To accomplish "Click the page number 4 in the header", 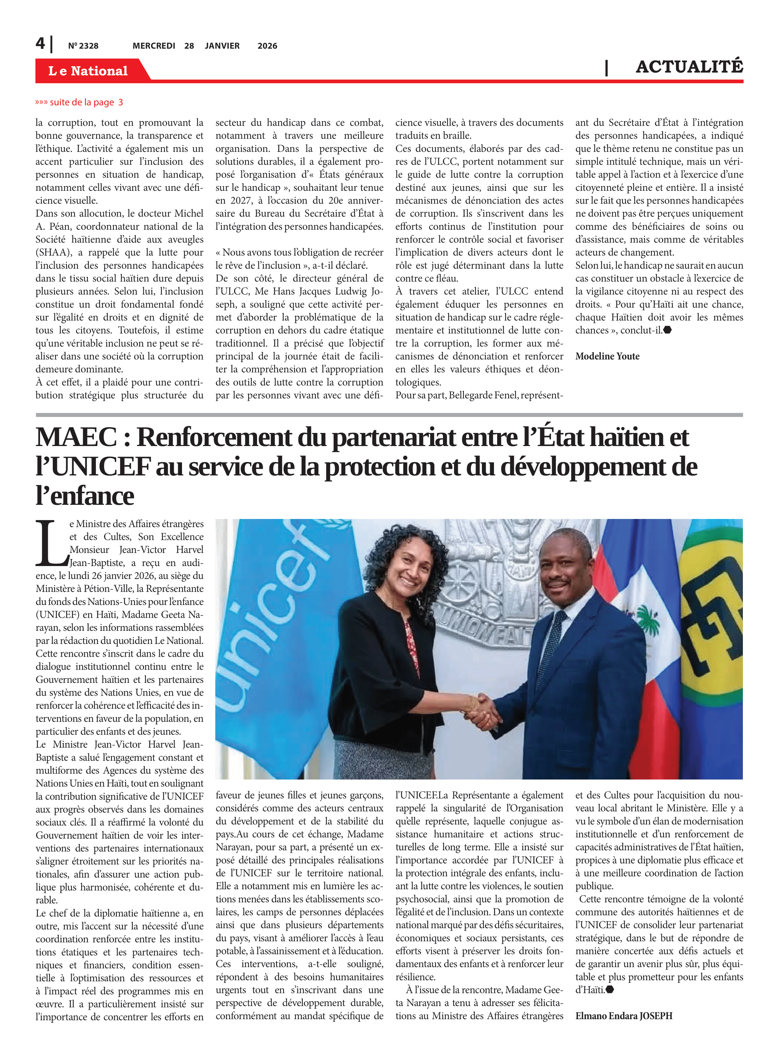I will pyautogui.click(x=41, y=44).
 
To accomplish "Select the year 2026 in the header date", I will pyautogui.click(x=267, y=46).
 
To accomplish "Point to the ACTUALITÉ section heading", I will pyautogui.click(x=689, y=67).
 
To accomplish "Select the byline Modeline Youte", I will pyautogui.click(x=607, y=356).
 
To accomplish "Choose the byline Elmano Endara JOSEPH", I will pyautogui.click(x=624, y=1016).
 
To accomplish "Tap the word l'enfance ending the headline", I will pyautogui.click(x=85, y=496).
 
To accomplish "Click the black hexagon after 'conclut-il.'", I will pyautogui.click(x=667, y=330).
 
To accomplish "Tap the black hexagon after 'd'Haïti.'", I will pyautogui.click(x=609, y=989).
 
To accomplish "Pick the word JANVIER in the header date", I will pyautogui.click(x=222, y=46).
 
